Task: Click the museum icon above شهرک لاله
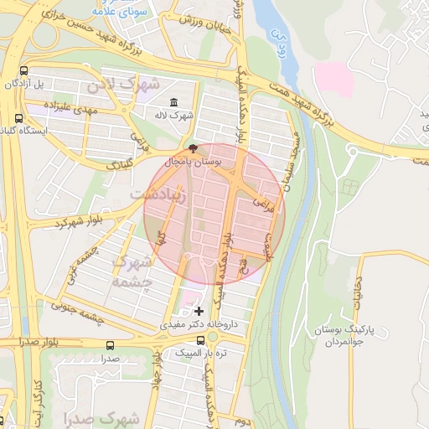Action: pos(173,103)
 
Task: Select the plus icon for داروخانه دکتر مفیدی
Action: pos(199,311)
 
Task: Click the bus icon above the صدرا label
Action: pos(110,344)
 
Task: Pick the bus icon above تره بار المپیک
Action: pos(200,340)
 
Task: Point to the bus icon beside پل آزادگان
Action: pos(23,71)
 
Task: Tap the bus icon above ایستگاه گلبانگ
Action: pos(18,118)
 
